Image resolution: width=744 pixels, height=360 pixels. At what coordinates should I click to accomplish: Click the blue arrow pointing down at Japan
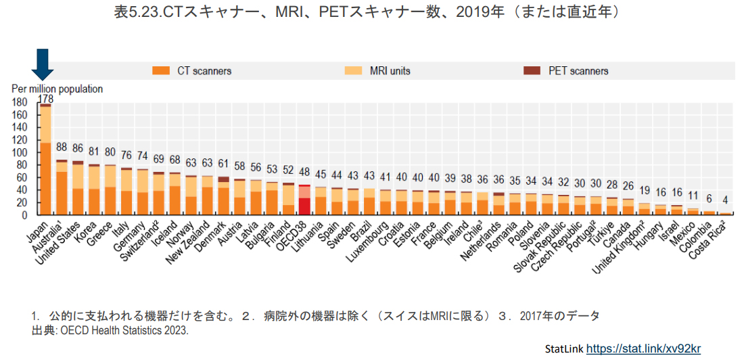pos(45,65)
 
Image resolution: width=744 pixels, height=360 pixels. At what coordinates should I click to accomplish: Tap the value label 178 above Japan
pos(46,99)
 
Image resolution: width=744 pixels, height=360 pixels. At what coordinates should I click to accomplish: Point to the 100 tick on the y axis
pos(20,152)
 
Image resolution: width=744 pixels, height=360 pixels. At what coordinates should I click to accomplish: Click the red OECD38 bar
pos(304,200)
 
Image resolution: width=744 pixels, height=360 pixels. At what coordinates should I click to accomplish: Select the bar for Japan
pos(46,162)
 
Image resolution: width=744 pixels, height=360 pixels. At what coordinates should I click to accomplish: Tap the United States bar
pos(77,189)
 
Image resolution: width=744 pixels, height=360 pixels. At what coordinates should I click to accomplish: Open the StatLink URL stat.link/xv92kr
pos(643,349)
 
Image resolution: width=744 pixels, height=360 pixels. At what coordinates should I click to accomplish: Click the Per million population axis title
pos(57,89)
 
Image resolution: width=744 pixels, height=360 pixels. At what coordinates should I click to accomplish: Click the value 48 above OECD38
pos(304,172)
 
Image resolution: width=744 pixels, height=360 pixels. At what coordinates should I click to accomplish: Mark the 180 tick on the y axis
pos(20,102)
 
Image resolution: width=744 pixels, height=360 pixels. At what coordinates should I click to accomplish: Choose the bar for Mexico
pos(693,212)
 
